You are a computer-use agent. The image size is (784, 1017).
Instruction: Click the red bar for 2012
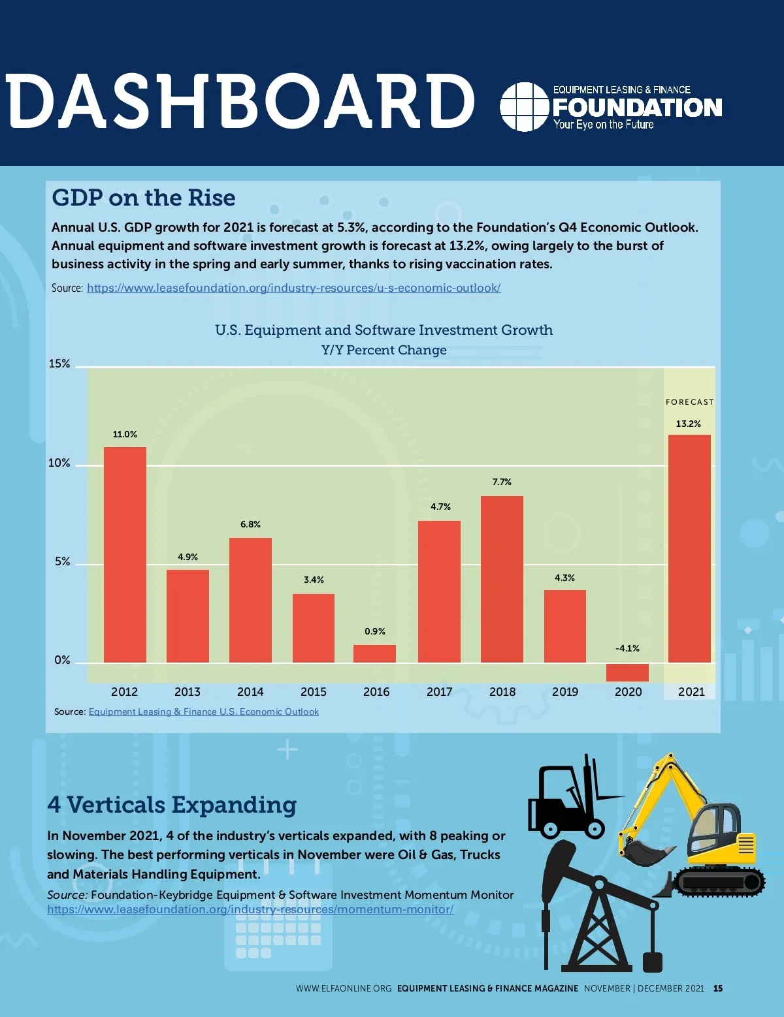tap(125, 555)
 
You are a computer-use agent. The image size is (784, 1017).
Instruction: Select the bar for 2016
tap(374, 653)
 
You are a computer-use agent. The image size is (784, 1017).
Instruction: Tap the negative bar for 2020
tap(627, 672)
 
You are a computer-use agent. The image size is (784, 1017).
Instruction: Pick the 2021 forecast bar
tap(689, 548)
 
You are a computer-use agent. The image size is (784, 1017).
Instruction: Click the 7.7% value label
tap(502, 482)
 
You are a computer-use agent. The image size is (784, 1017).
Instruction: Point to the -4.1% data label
tap(627, 648)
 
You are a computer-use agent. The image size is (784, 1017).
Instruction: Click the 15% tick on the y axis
tap(59, 364)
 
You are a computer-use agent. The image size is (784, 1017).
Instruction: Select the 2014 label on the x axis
tap(250, 692)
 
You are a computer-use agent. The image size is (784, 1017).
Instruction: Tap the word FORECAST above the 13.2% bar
tap(689, 402)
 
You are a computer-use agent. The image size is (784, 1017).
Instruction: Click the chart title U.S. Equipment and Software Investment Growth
tap(384, 330)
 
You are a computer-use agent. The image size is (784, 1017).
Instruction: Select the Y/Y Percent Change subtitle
tap(384, 350)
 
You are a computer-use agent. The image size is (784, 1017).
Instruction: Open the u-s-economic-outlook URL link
tap(293, 288)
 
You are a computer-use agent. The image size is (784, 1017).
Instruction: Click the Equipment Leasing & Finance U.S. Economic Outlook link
tap(203, 712)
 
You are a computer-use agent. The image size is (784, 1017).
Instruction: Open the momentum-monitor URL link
tap(250, 909)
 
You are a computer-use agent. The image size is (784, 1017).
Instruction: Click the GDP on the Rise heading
tap(144, 198)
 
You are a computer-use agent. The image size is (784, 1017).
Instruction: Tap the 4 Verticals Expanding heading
tap(172, 805)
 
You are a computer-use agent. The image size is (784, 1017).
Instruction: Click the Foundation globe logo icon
tap(524, 107)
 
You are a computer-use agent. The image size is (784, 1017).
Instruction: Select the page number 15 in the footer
tap(718, 988)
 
